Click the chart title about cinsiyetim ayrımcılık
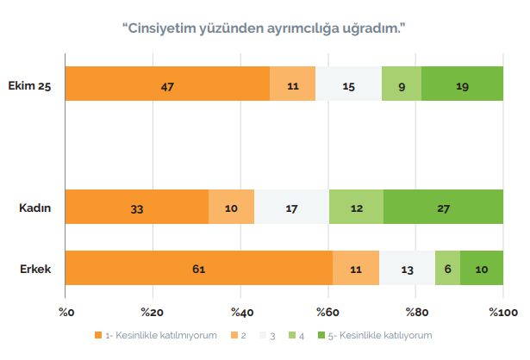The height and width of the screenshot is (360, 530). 265,28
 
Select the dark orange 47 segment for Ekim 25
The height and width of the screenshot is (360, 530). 167,84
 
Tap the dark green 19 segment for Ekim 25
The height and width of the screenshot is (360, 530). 462,84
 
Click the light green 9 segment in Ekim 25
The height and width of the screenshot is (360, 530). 402,84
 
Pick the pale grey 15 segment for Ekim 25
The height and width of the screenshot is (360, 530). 348,84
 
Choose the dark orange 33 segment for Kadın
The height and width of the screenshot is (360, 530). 137,207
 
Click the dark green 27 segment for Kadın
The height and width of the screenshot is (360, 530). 443,207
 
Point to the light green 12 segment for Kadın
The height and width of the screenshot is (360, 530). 356,207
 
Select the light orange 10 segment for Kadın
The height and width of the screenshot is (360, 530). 232,207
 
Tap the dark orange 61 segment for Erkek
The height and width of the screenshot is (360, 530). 199,269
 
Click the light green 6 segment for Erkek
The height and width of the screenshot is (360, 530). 447,269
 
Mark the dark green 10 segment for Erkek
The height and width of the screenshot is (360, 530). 482,269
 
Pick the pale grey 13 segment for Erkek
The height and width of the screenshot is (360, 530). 407,269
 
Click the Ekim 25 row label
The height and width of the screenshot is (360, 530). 29,84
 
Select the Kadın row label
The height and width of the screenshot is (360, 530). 35,207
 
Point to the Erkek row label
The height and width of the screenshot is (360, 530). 35,269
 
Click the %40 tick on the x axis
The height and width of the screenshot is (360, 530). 240,311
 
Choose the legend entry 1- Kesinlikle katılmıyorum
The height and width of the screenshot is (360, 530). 159,334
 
